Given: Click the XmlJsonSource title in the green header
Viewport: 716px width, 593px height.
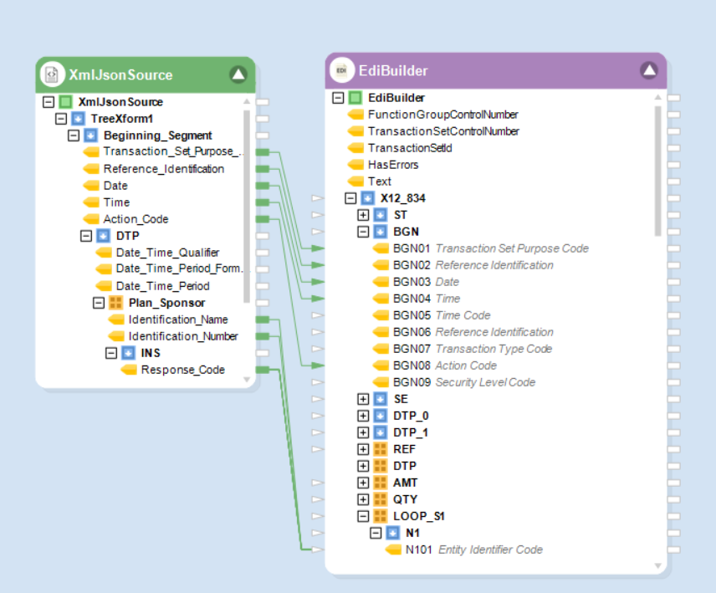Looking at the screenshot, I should click(120, 74).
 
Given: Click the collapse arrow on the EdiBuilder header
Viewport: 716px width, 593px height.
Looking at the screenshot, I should click(649, 70).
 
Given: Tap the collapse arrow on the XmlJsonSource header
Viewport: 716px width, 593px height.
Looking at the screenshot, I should click(238, 74).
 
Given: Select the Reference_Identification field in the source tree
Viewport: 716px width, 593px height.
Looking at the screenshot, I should click(163, 169).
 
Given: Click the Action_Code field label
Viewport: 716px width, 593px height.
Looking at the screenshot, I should click(136, 219).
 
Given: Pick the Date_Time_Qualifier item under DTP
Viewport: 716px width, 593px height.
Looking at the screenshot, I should click(167, 253).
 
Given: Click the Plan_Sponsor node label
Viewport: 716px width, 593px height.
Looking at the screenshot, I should click(166, 303).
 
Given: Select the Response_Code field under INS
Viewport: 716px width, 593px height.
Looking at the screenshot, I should click(182, 370).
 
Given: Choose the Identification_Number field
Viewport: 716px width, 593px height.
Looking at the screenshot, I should click(182, 336).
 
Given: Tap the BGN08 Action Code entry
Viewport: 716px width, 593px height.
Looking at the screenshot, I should click(444, 366).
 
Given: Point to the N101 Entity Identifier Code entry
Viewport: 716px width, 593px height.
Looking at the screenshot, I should click(473, 550).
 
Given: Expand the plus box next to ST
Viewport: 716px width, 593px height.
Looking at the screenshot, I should click(363, 215).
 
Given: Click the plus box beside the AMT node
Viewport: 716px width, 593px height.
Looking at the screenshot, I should click(363, 483).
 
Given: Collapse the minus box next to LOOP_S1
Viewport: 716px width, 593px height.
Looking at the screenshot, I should click(363, 516).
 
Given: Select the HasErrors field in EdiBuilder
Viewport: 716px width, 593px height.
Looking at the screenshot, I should click(392, 165).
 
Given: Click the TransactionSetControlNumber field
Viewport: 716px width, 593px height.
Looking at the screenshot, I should click(443, 131).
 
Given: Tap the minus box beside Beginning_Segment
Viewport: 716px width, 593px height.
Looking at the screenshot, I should click(73, 135).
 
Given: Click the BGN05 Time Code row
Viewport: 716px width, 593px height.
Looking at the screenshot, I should click(442, 315).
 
